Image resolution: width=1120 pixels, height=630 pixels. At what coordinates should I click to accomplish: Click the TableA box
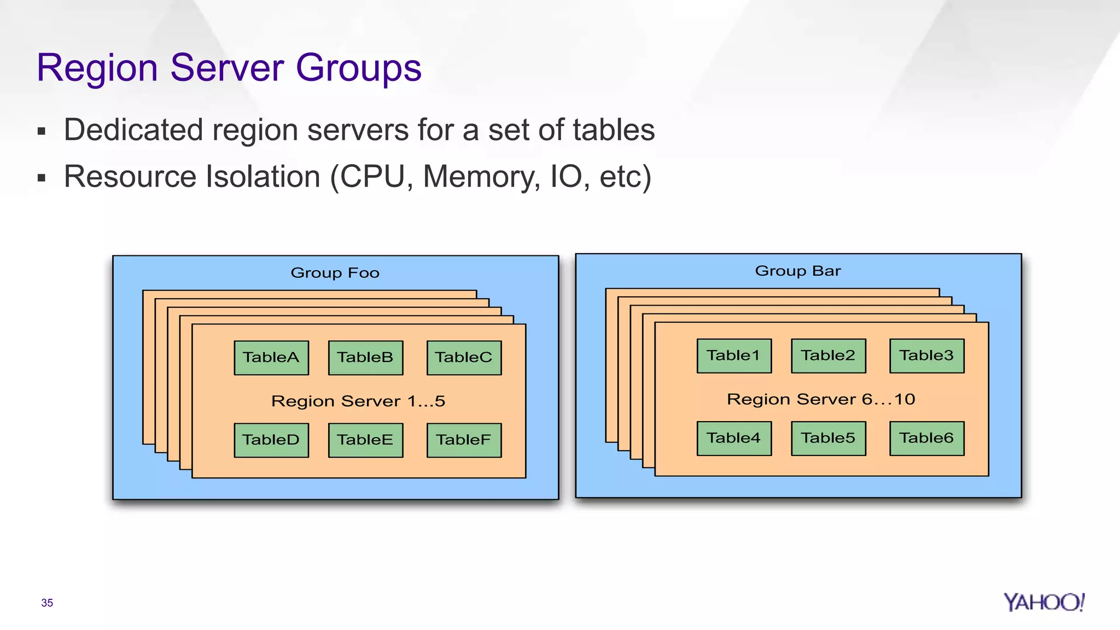tap(271, 358)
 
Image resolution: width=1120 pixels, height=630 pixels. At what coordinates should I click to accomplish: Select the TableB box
tap(365, 358)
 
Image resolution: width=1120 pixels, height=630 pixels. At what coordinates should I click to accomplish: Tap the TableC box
tap(464, 358)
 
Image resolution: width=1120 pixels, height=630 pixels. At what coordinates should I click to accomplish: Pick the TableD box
tap(271, 440)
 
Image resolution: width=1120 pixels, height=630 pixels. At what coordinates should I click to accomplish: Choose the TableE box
tap(365, 440)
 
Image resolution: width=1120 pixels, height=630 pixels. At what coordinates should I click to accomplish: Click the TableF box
tap(464, 440)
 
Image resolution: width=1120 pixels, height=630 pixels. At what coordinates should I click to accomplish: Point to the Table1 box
tap(734, 356)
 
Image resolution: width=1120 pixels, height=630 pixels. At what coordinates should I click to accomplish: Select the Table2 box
tap(829, 356)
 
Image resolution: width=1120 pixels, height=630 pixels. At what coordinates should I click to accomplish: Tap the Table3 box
tap(927, 356)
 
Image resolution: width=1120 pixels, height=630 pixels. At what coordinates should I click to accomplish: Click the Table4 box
tap(734, 439)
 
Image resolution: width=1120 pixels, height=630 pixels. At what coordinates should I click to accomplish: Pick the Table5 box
tap(829, 439)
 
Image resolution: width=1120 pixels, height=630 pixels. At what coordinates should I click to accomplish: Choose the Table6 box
tap(927, 439)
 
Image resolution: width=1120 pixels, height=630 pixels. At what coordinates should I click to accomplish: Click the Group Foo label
tap(335, 273)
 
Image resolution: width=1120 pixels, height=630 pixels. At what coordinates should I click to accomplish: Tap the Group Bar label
tap(798, 271)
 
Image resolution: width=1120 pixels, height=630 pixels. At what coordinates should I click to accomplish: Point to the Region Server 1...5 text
tap(358, 401)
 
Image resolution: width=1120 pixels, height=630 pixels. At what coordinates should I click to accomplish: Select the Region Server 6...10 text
tap(821, 400)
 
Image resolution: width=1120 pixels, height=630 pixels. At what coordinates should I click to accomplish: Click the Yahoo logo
tap(1043, 602)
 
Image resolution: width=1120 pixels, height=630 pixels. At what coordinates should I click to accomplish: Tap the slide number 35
tap(47, 603)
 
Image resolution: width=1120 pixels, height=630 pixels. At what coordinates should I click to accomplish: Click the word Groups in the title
tap(358, 68)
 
